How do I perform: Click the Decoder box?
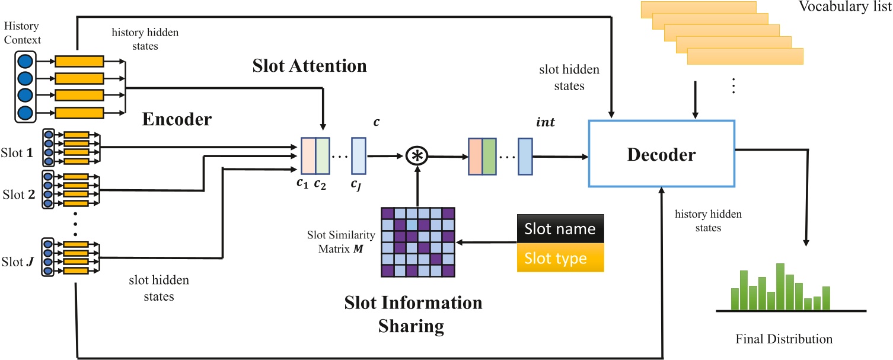662,156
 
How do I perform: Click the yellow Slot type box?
560,259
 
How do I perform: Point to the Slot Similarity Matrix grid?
418,242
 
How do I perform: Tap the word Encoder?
177,120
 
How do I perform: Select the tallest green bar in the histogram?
780,286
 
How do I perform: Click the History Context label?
22,34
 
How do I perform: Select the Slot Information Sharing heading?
413,314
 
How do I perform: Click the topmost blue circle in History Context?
25,61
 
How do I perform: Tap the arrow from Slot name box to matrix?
486,242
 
